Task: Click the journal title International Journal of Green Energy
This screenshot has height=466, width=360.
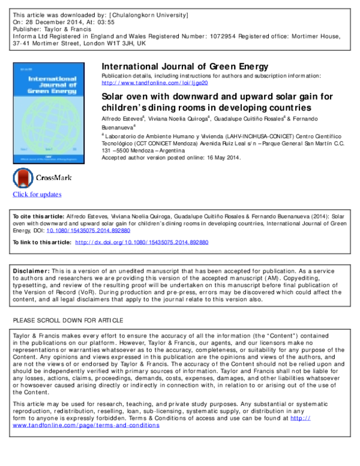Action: (x=185, y=66)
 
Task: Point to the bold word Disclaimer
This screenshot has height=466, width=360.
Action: (x=31, y=270)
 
